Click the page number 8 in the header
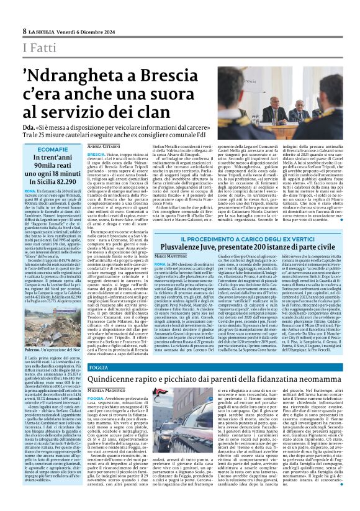coord(24,30)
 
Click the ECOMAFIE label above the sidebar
coord(53,150)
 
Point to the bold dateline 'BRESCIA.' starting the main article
coord(96,154)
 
